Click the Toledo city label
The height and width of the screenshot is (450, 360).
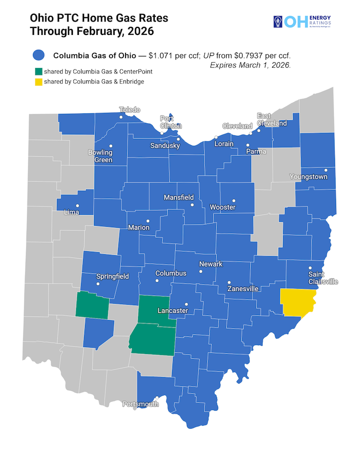129,110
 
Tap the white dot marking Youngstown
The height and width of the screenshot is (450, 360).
325,170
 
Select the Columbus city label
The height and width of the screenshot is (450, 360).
170,273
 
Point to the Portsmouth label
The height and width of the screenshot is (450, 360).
140,404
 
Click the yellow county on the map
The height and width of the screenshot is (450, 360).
299,301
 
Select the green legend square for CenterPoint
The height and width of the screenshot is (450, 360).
38,72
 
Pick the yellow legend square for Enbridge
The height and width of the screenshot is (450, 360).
38,81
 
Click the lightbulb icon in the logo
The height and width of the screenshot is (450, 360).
277,21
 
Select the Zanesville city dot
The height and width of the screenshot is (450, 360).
228,283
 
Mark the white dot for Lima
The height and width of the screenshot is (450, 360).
77,206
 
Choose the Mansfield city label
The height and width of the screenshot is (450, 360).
178,198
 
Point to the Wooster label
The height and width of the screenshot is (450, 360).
222,207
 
